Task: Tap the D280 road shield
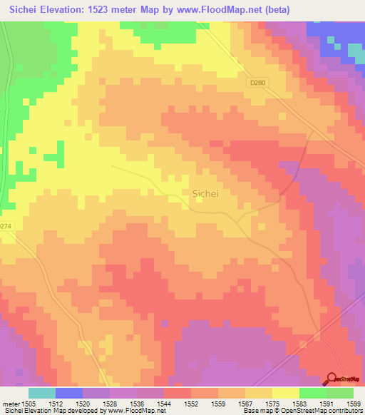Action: click(257, 83)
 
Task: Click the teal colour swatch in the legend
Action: click(42, 393)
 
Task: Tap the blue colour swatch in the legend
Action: click(69, 393)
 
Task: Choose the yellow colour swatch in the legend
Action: click(285, 393)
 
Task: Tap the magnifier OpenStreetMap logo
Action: click(332, 378)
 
